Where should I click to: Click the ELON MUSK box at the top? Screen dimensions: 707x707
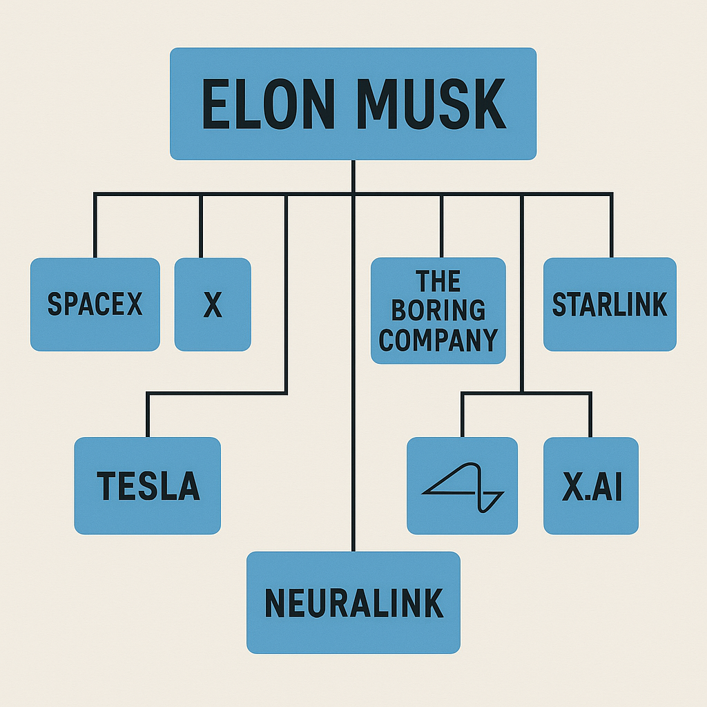[353, 104]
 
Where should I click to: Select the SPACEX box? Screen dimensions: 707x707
[95, 304]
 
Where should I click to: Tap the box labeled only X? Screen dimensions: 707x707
[213, 304]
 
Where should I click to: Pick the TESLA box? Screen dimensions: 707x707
[148, 485]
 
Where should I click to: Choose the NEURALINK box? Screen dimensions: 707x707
[353, 602]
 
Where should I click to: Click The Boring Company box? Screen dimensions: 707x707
[438, 311]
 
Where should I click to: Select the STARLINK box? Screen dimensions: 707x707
[610, 304]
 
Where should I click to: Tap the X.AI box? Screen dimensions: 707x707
[591, 485]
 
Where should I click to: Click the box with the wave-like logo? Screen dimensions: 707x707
[462, 485]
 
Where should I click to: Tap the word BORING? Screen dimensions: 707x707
[438, 311]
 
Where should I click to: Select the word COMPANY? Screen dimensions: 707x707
[438, 340]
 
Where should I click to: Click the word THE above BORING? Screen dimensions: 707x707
[438, 282]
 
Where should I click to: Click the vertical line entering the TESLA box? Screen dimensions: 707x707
[147, 416]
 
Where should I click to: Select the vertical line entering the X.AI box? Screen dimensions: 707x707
[590, 416]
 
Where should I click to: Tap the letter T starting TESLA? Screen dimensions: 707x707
[105, 486]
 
